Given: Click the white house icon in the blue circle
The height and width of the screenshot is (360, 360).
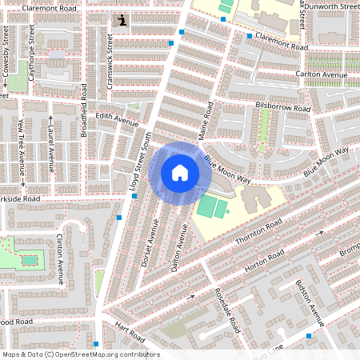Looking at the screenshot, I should click(180, 172).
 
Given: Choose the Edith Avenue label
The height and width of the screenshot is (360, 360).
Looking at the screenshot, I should click(117, 119).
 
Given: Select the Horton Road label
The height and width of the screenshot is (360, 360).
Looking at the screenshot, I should click(266, 262).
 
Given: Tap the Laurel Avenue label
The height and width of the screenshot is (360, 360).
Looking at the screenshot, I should click(50, 148).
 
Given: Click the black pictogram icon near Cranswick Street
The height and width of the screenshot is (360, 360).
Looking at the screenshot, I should click(121, 21).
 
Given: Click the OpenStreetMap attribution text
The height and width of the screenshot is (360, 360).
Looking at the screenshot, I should click(81, 354).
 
